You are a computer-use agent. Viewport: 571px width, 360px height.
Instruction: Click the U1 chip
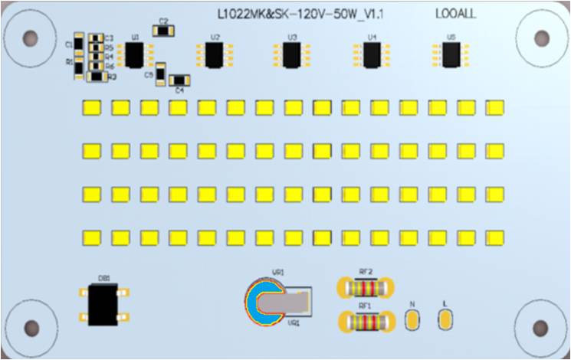(136, 55)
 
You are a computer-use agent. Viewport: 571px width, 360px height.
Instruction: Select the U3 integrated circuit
(292, 55)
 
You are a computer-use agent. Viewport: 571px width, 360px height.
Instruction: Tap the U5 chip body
(451, 54)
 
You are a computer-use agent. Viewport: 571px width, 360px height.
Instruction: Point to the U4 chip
(372, 55)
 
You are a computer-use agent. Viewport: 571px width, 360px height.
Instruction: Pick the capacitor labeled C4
(179, 80)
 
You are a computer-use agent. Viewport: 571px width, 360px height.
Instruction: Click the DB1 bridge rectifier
(102, 303)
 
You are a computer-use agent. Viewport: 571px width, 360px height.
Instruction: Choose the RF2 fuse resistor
(366, 289)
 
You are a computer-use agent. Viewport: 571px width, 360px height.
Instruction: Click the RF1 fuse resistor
(366, 322)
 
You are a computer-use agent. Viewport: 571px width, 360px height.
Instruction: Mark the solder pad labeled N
(412, 319)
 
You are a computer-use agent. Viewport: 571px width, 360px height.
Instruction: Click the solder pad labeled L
(445, 319)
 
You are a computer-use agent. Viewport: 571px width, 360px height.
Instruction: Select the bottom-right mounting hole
(541, 328)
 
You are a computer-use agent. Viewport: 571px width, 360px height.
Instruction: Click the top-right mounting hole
(542, 38)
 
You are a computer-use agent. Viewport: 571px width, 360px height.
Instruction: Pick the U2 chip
(214, 55)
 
